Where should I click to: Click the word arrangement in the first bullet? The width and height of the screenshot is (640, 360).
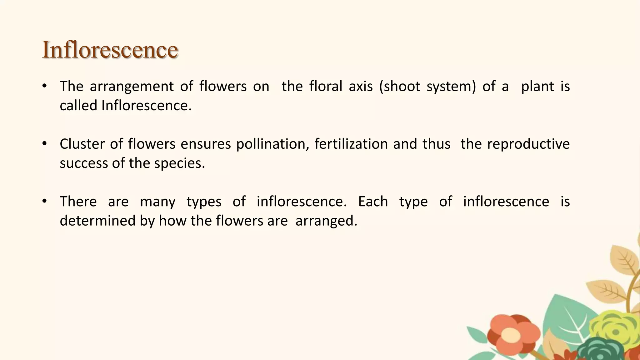click(132, 87)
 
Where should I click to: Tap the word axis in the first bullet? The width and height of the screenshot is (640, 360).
click(361, 87)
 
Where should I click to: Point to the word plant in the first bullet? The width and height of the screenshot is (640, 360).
click(537, 87)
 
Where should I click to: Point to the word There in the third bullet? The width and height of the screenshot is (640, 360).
click(78, 202)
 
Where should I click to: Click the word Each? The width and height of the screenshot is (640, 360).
click(373, 202)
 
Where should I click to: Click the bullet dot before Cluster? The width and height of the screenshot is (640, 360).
click(44, 143)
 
